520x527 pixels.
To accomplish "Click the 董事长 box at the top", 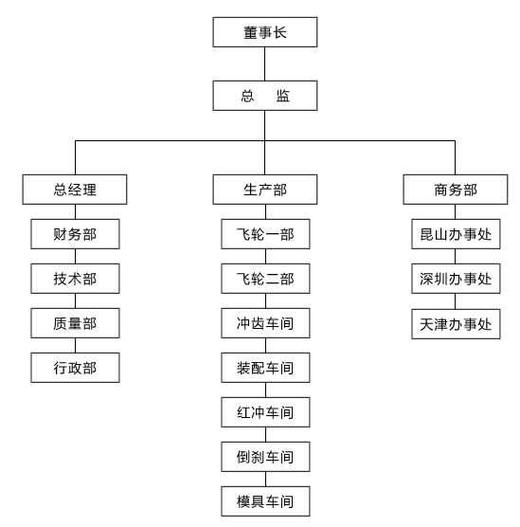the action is [x=264, y=32].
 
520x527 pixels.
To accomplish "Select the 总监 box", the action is [x=264, y=96].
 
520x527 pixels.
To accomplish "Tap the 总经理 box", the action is [x=75, y=190].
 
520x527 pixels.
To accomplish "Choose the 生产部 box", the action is [x=264, y=190].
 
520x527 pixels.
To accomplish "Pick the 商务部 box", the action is [x=456, y=190].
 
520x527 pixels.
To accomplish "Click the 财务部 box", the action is [x=75, y=234].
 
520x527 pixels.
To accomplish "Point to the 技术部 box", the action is [x=75, y=279].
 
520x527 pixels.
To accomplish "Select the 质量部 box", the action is [x=75, y=323].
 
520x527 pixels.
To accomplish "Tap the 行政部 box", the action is [x=75, y=368].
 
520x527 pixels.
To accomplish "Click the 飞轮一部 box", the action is [x=265, y=234].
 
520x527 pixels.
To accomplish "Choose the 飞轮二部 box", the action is [x=265, y=279].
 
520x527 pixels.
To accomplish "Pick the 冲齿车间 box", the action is [x=265, y=323].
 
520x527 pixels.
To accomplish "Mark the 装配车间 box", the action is [x=265, y=368].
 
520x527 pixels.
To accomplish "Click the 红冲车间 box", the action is [x=265, y=412].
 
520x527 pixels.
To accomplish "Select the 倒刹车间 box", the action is [x=265, y=457].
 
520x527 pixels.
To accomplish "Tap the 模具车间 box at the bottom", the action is [x=265, y=501].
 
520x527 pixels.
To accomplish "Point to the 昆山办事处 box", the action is [x=456, y=234].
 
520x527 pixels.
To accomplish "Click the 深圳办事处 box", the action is [x=456, y=279].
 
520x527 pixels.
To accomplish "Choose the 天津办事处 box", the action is [x=456, y=324].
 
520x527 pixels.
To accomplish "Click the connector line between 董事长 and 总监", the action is [x=264, y=64].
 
